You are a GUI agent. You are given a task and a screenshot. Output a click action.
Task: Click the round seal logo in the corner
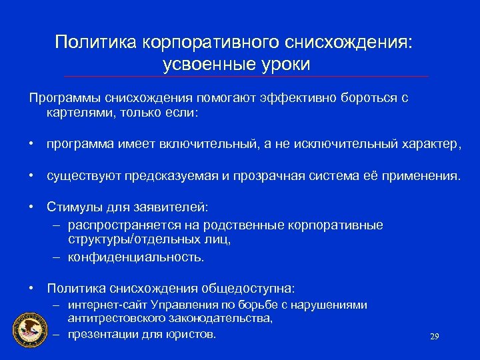(29, 329)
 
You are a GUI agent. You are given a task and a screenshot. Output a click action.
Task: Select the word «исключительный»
(333, 143)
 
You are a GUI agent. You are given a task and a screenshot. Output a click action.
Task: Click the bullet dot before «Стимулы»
(32, 208)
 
